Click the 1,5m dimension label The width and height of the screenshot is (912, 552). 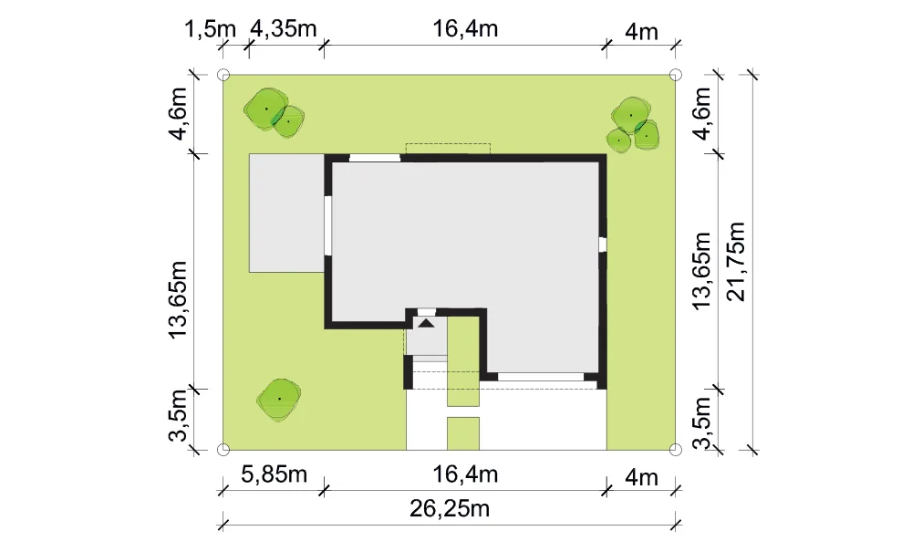click(x=210, y=28)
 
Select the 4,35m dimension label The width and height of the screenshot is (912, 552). click(x=284, y=28)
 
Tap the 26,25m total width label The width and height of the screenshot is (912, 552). click(x=450, y=509)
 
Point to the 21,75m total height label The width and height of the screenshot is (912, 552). click(x=736, y=261)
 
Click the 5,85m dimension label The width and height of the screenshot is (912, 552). click(x=274, y=474)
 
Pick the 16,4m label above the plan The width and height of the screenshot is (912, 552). click(x=465, y=28)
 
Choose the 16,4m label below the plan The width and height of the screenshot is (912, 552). click(x=465, y=474)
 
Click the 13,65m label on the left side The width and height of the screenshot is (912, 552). click(x=178, y=299)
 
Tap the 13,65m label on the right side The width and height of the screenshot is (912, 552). click(x=702, y=270)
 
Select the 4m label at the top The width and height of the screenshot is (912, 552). click(x=641, y=32)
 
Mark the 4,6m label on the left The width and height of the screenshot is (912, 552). click(x=178, y=114)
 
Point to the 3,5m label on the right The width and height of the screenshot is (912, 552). click(x=702, y=422)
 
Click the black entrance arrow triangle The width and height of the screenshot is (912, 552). click(x=426, y=323)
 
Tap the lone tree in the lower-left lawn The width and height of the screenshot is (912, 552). click(x=279, y=399)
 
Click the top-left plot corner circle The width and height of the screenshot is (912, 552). click(x=223, y=75)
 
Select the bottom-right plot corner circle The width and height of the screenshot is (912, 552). click(x=675, y=450)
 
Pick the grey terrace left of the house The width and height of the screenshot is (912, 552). click(x=286, y=213)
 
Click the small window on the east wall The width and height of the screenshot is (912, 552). click(x=603, y=244)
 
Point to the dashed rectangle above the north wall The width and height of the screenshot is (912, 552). click(x=448, y=149)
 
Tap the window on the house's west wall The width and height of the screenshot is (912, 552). click(x=328, y=225)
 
